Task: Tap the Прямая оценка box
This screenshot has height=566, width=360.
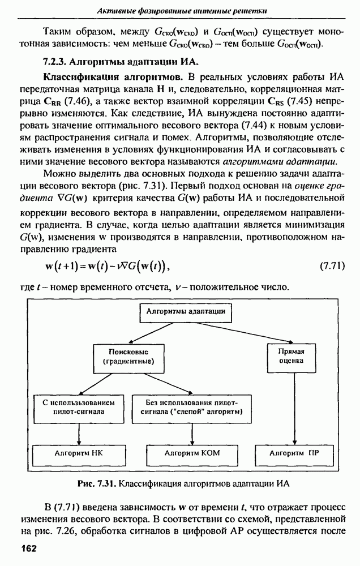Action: pos(292,355)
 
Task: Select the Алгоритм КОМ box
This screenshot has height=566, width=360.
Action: pos(191,453)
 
